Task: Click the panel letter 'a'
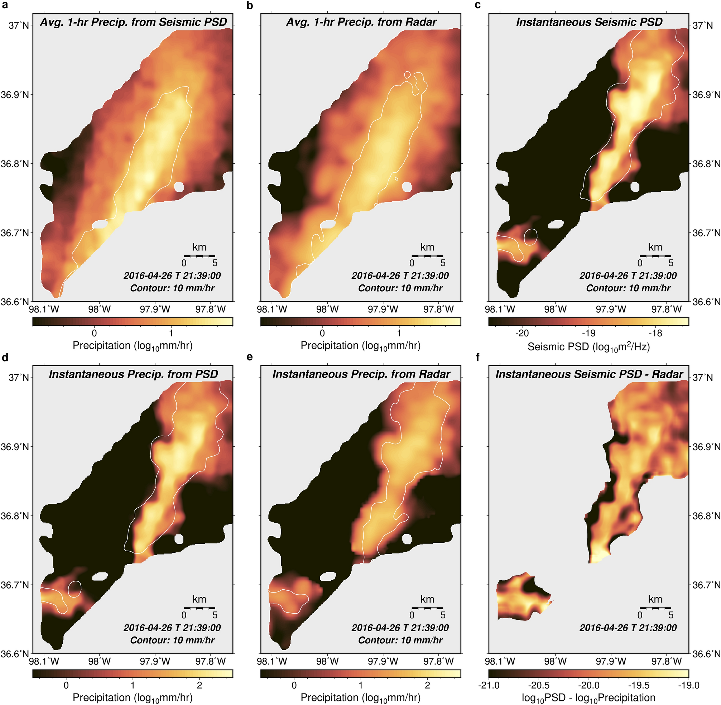pos(5,6)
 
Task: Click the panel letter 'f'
pos(477,357)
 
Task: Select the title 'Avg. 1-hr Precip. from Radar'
pos(361,22)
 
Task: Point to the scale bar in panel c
pos(655,256)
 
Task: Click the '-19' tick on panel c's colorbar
pos(588,333)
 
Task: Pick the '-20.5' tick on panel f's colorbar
pos(539,685)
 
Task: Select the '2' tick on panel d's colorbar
pos(200,685)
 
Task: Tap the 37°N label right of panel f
pos(702,378)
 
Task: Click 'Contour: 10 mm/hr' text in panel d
pos(172,640)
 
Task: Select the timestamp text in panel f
pos(628,628)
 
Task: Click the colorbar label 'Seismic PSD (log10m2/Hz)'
pos(588,346)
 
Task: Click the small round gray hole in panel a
pos(179,187)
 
